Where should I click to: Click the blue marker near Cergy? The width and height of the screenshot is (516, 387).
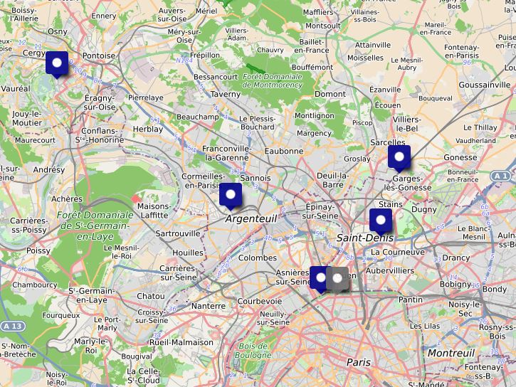pos(57,63)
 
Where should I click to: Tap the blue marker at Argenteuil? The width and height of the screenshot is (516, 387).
pos(231,194)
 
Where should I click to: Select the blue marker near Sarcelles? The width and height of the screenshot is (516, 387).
pos(399,157)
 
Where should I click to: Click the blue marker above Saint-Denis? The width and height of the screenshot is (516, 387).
pos(381,220)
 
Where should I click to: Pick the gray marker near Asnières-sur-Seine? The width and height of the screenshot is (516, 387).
pos(338,278)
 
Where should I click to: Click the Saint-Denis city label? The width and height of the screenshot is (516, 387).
pos(365,238)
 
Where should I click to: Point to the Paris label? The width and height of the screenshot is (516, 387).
pos(359,362)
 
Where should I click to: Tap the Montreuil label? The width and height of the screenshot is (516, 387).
pos(451,353)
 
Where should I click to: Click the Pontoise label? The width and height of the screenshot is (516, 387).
pos(99,55)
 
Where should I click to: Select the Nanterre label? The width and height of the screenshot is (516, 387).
pos(208,306)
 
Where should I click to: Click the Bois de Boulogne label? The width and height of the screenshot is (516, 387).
pos(253,351)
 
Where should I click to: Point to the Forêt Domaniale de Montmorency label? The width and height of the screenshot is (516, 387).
pos(273,80)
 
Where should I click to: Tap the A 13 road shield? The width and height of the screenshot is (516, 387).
pos(11,326)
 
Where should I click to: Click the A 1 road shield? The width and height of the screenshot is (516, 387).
pos(500,176)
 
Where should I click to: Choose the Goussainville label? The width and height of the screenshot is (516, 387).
pos(485,85)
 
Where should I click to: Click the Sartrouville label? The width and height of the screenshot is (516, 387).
pos(178,233)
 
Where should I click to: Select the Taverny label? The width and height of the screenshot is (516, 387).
pos(226,94)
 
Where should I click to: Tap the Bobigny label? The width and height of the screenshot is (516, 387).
pos(456,284)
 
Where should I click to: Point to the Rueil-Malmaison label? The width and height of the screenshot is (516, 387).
pos(181,342)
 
